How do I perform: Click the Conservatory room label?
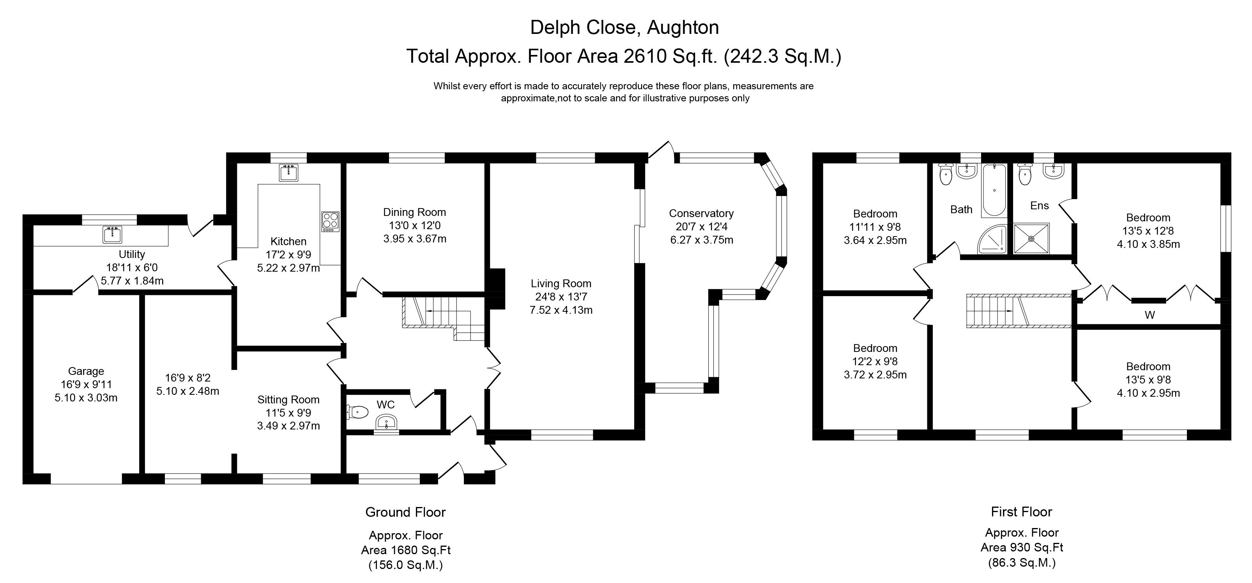click(x=701, y=213)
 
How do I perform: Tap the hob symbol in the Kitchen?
click(x=331, y=221)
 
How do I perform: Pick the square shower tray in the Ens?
click(x=1031, y=238)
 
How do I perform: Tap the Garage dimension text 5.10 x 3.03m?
click(x=86, y=398)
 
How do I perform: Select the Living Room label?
click(x=561, y=284)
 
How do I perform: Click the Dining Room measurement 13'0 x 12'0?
click(x=415, y=225)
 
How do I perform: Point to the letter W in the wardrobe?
click(x=1149, y=315)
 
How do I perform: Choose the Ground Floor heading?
click(x=405, y=512)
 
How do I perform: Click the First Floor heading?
click(x=1022, y=512)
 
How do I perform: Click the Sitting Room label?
click(x=288, y=400)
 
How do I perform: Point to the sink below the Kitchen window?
click(x=289, y=173)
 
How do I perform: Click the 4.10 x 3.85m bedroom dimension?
click(x=1148, y=244)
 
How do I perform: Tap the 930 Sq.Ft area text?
click(x=1022, y=548)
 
